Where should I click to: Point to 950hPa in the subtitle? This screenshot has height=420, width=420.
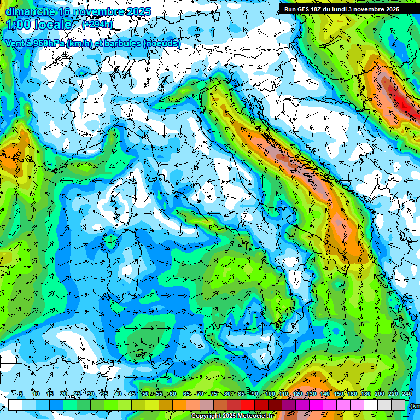click(45, 43)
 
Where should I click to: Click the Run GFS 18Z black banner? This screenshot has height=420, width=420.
click(349, 9)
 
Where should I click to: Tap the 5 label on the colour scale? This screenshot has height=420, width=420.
click(21, 394)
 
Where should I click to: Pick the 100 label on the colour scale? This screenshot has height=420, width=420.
click(270, 394)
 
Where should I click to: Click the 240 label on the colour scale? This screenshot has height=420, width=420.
click(406, 394)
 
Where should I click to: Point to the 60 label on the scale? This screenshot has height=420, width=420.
click(172, 394)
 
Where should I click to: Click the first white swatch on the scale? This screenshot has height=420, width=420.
click(15, 405)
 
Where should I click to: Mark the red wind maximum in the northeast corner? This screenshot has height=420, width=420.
click(404, 102)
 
